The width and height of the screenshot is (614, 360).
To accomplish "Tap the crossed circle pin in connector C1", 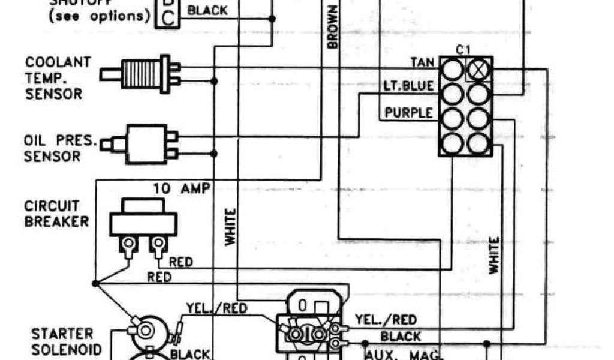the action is [478, 70].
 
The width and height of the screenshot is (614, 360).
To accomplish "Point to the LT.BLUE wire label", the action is [408, 86].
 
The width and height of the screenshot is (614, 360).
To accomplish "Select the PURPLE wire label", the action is [408, 113].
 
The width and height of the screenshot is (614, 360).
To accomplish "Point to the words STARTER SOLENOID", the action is [62, 341].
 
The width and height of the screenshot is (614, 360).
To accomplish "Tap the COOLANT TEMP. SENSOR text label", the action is [58, 78].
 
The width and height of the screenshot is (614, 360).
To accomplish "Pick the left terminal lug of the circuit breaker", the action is [128, 245].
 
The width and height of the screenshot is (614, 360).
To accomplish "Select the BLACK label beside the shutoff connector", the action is [208, 10].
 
